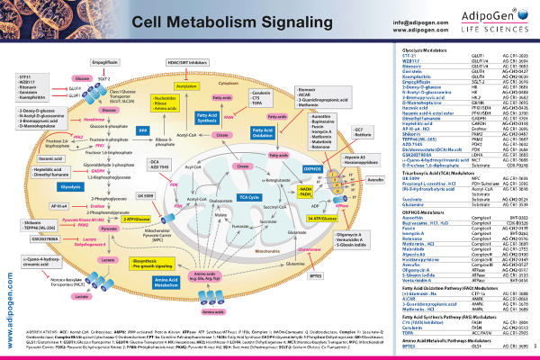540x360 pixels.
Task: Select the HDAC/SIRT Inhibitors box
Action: click(187, 61)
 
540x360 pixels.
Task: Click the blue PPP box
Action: click(141, 130)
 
